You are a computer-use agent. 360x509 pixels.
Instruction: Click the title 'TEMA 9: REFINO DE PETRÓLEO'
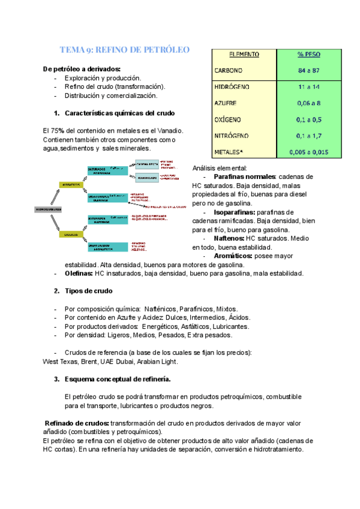point(125,50)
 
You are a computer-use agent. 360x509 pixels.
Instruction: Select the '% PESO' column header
point(308,54)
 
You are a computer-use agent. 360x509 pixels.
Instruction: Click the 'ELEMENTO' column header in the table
point(244,54)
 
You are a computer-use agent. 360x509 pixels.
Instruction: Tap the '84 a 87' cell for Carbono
point(308,71)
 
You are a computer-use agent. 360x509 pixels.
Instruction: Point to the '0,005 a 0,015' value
point(308,152)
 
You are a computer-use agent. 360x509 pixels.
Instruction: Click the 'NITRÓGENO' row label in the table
point(232,136)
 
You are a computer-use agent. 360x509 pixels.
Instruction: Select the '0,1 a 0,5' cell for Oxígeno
point(308,119)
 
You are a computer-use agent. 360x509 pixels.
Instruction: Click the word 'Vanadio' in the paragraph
point(169,131)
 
